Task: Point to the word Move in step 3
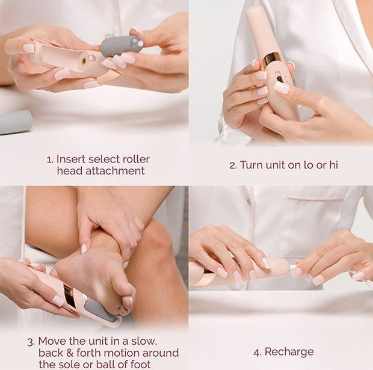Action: [x=52, y=341]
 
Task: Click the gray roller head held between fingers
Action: [x=121, y=46]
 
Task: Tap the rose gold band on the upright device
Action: [x=274, y=59]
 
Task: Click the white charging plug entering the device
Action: [x=294, y=267]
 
